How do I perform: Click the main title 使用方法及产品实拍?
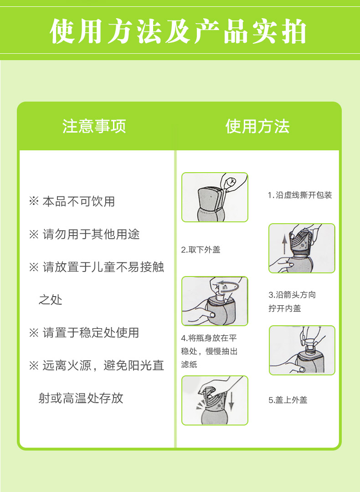(x=178, y=31)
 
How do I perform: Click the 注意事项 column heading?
(x=94, y=126)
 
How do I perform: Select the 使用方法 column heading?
(x=257, y=126)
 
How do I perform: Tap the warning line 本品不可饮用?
(x=78, y=201)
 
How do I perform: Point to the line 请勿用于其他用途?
(x=91, y=234)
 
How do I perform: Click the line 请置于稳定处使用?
(x=91, y=333)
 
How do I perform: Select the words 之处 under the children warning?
(x=50, y=300)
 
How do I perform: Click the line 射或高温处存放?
(x=81, y=398)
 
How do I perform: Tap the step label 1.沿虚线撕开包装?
(x=300, y=195)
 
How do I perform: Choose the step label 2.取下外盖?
(x=201, y=250)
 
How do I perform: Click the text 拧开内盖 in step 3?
(x=285, y=308)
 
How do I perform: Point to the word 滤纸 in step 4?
(x=189, y=364)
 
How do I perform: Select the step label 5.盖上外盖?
(x=288, y=400)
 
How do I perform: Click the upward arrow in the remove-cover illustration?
(x=284, y=245)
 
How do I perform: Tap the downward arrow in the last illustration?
(x=231, y=401)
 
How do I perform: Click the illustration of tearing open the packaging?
(x=215, y=197)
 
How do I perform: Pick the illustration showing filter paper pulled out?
(x=302, y=350)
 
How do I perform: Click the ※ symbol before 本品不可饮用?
(x=34, y=201)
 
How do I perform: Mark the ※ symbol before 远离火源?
(x=34, y=365)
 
